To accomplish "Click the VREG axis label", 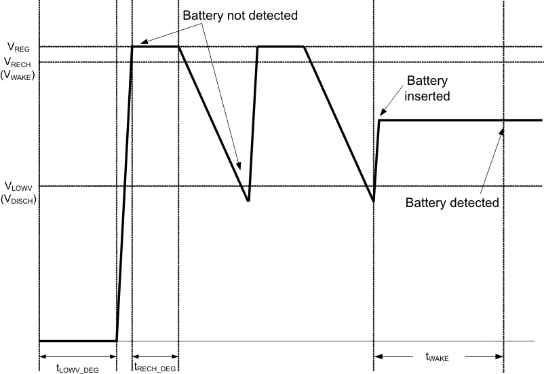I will pos(18,48).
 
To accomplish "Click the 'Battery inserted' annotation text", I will pos(427,88).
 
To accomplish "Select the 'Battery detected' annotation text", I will pos(452,202).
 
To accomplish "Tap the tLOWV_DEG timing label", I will pos(77,368).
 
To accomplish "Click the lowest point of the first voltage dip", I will pos(248,201).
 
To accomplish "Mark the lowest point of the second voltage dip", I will pos(374,201).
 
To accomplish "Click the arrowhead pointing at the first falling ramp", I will pos(239,166).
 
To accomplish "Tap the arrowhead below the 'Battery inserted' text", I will pos(382,113).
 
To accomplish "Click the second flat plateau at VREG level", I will pos(280,47).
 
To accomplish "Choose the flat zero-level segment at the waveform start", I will pos(77,341).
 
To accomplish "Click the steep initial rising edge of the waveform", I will pos(124,197).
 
